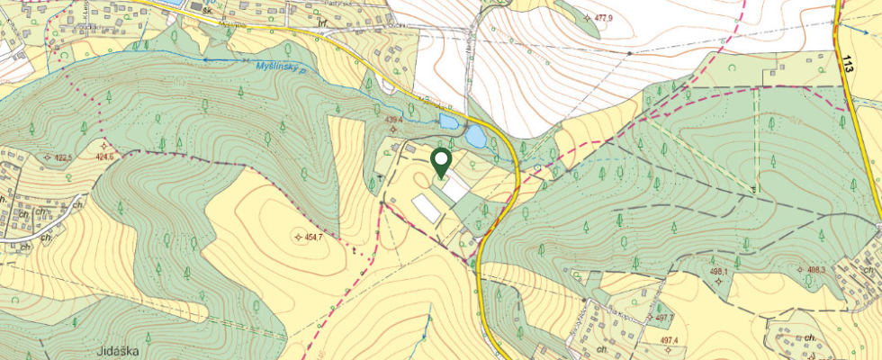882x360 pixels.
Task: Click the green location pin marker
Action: point(441,162)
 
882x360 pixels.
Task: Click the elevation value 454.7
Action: point(311,237)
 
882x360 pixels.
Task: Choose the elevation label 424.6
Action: point(106,157)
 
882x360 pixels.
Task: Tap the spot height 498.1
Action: point(717,270)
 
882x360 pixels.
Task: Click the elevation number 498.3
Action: point(816,268)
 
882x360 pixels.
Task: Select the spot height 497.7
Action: point(664,318)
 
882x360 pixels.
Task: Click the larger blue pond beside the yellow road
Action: point(475,137)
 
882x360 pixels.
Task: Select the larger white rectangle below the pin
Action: point(428,206)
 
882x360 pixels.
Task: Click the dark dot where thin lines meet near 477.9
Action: point(629,53)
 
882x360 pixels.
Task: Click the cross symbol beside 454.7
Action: point(299,237)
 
